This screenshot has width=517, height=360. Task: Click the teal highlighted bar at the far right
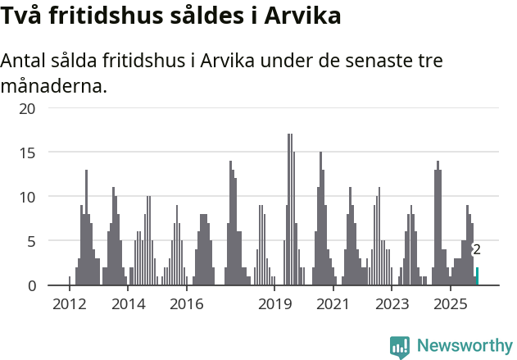pyautogui.click(x=478, y=276)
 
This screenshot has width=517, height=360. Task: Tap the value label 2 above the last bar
pyautogui.click(x=477, y=250)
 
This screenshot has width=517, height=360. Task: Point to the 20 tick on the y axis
pyautogui.click(x=28, y=108)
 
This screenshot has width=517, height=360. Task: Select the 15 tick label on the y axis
pyautogui.click(x=28, y=153)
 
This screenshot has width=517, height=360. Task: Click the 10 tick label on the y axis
pyautogui.click(x=28, y=197)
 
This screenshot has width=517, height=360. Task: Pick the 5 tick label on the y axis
pyautogui.click(x=32, y=241)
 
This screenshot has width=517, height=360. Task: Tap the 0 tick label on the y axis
pyautogui.click(x=32, y=285)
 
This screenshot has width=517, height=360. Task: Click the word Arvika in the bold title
pyautogui.click(x=301, y=16)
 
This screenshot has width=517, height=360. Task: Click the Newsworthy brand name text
pyautogui.click(x=465, y=346)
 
